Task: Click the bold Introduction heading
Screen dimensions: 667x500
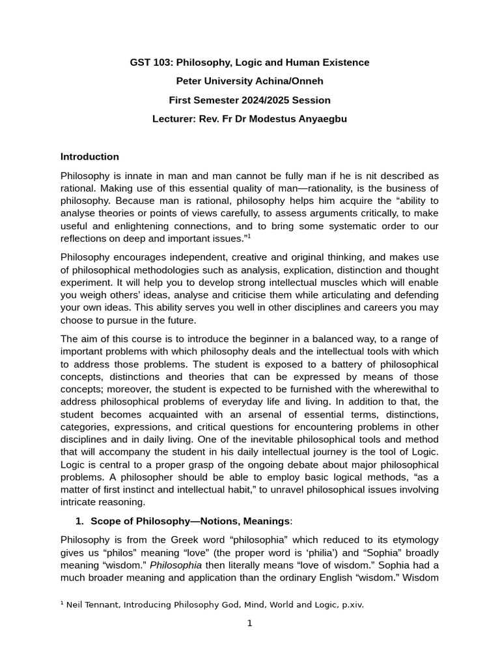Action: pos(90,156)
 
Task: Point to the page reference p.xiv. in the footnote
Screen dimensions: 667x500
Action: pos(350,604)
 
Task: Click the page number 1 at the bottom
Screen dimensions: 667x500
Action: pos(249,623)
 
